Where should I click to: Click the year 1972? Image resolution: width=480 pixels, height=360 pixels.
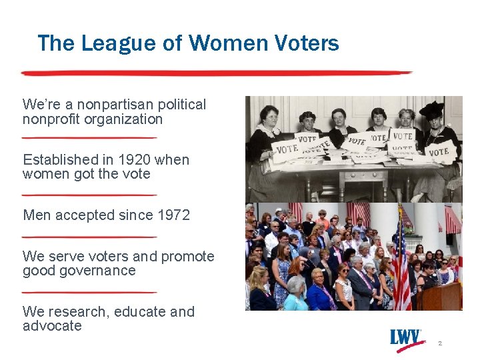[x=174, y=215]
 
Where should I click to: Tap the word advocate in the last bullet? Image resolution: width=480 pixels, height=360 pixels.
[x=52, y=326]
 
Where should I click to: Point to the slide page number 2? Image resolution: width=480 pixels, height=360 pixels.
[x=440, y=343]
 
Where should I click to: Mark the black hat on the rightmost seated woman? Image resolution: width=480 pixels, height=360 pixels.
[x=431, y=109]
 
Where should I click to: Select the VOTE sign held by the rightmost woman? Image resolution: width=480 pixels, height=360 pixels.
[x=439, y=151]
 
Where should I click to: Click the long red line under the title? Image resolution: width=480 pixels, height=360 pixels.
[x=217, y=72]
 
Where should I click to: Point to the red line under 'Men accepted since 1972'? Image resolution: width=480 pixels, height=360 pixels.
[x=89, y=237]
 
